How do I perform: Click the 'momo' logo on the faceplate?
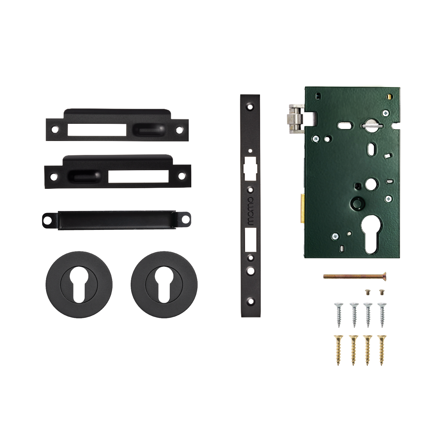pyautogui.click(x=250, y=211)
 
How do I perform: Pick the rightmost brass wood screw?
pyautogui.click(x=381, y=349)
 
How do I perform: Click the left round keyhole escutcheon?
pyautogui.click(x=79, y=285)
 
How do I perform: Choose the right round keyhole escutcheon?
pyautogui.click(x=164, y=285)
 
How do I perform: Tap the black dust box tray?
pyautogui.click(x=116, y=220)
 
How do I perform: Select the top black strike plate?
pyautogui.click(x=117, y=126)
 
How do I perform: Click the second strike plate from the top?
pyautogui.click(x=117, y=172)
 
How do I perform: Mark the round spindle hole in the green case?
pyautogui.click(x=371, y=183)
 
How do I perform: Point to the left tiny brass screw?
pyautogui.click(x=368, y=291)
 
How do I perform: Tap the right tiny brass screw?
pyautogui.click(x=381, y=291)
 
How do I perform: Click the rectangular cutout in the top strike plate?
pyautogui.click(x=97, y=130)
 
